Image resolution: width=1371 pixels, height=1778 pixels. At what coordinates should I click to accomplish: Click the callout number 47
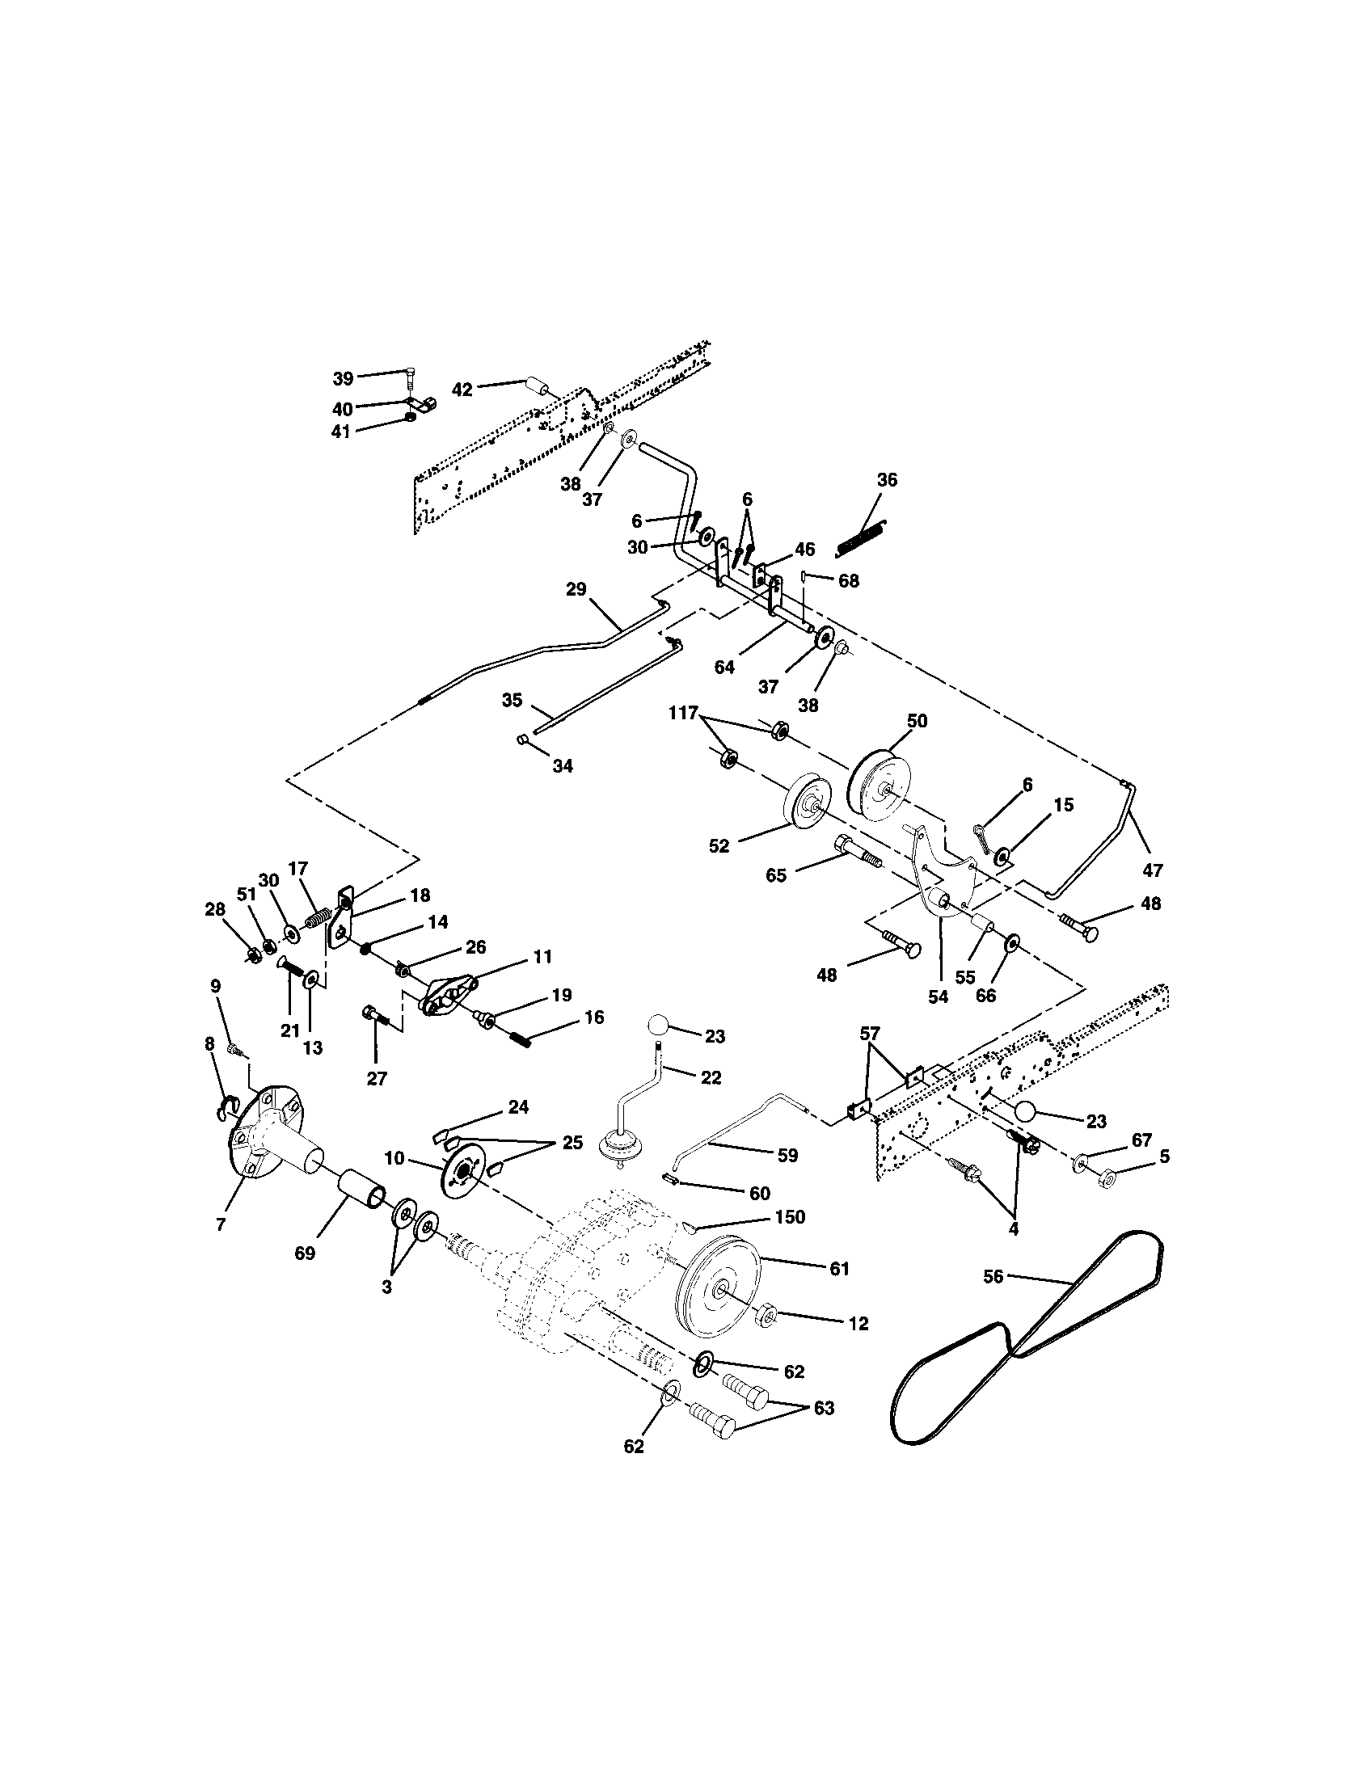(1152, 870)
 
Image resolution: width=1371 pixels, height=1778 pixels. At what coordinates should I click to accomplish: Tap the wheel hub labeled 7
(264, 1135)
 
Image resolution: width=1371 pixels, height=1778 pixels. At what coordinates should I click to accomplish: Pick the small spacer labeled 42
(535, 385)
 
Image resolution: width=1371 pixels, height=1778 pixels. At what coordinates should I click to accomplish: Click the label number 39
(343, 378)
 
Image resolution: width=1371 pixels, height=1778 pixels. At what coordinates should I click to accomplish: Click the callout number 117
(683, 713)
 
